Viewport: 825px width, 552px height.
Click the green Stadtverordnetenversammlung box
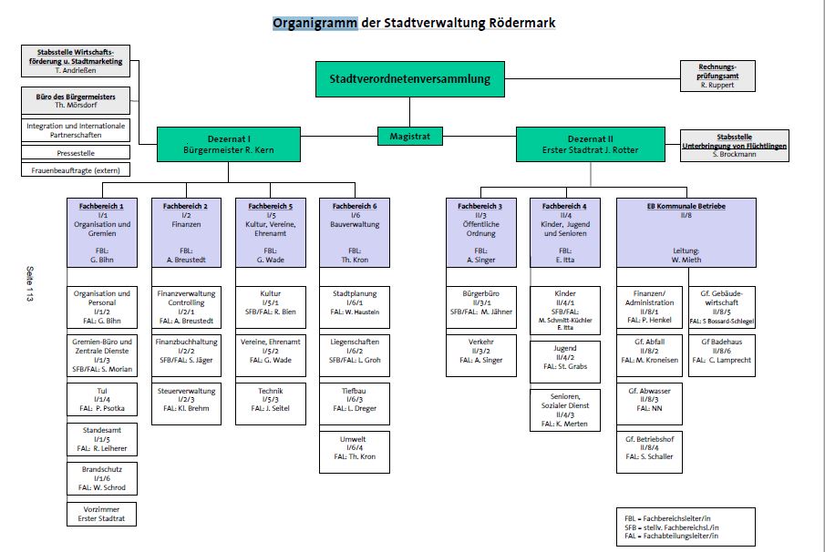click(409, 79)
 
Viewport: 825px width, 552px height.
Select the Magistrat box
click(409, 137)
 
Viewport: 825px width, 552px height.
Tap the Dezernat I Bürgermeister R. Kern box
click(228, 144)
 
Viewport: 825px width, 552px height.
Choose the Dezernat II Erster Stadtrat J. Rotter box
click(590, 144)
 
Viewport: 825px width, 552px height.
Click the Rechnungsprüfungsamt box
click(718, 76)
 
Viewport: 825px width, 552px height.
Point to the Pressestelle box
click(76, 153)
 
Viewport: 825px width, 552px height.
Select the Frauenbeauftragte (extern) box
click(76, 169)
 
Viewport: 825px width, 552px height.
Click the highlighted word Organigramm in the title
click(315, 23)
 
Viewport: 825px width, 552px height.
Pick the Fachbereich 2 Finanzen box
click(185, 232)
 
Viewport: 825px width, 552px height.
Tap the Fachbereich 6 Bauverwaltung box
click(355, 232)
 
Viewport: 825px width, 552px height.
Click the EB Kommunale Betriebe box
click(686, 232)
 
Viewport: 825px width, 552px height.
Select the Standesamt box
click(102, 438)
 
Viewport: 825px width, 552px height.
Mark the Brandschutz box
click(102, 477)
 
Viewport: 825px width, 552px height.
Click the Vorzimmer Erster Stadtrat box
click(102, 514)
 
